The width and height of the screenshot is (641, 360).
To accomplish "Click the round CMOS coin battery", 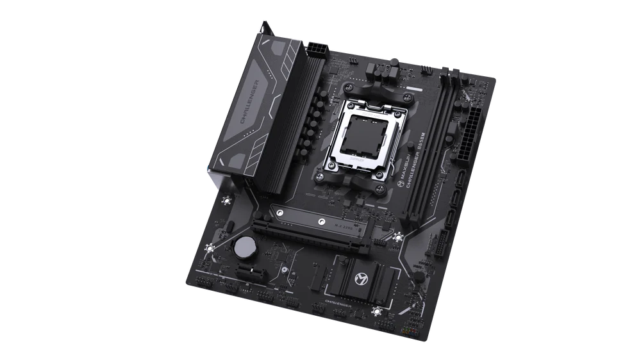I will click(x=244, y=246).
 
